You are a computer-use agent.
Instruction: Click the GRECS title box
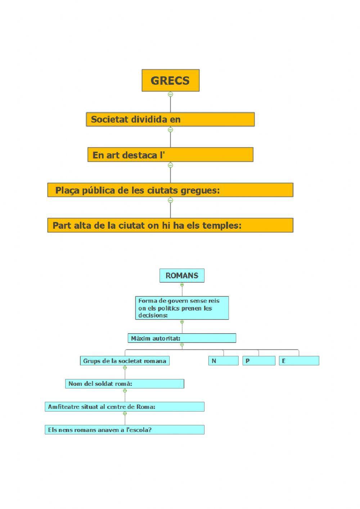(170, 80)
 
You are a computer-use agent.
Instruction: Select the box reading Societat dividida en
(170, 119)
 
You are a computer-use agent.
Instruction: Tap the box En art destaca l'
(170, 155)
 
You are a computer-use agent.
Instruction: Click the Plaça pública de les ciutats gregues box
(170, 190)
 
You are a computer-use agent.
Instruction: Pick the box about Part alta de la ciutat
(170, 225)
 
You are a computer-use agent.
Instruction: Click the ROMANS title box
(182, 276)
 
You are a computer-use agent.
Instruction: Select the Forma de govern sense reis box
(182, 308)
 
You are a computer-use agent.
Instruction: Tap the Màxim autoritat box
(182, 338)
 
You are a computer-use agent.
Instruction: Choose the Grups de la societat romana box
(125, 361)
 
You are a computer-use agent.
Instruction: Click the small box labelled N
(223, 361)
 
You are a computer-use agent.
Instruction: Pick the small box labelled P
(259, 361)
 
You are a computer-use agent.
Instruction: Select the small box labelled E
(299, 361)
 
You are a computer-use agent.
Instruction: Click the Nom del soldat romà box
(125, 384)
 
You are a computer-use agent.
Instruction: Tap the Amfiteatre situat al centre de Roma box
(125, 407)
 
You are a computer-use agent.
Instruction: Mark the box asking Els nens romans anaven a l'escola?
(125, 430)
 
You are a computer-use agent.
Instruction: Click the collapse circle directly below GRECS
(170, 94)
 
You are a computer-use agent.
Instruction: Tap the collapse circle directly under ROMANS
(182, 285)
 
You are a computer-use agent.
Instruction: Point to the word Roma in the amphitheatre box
(145, 407)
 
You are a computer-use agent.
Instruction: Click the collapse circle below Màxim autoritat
(182, 345)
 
